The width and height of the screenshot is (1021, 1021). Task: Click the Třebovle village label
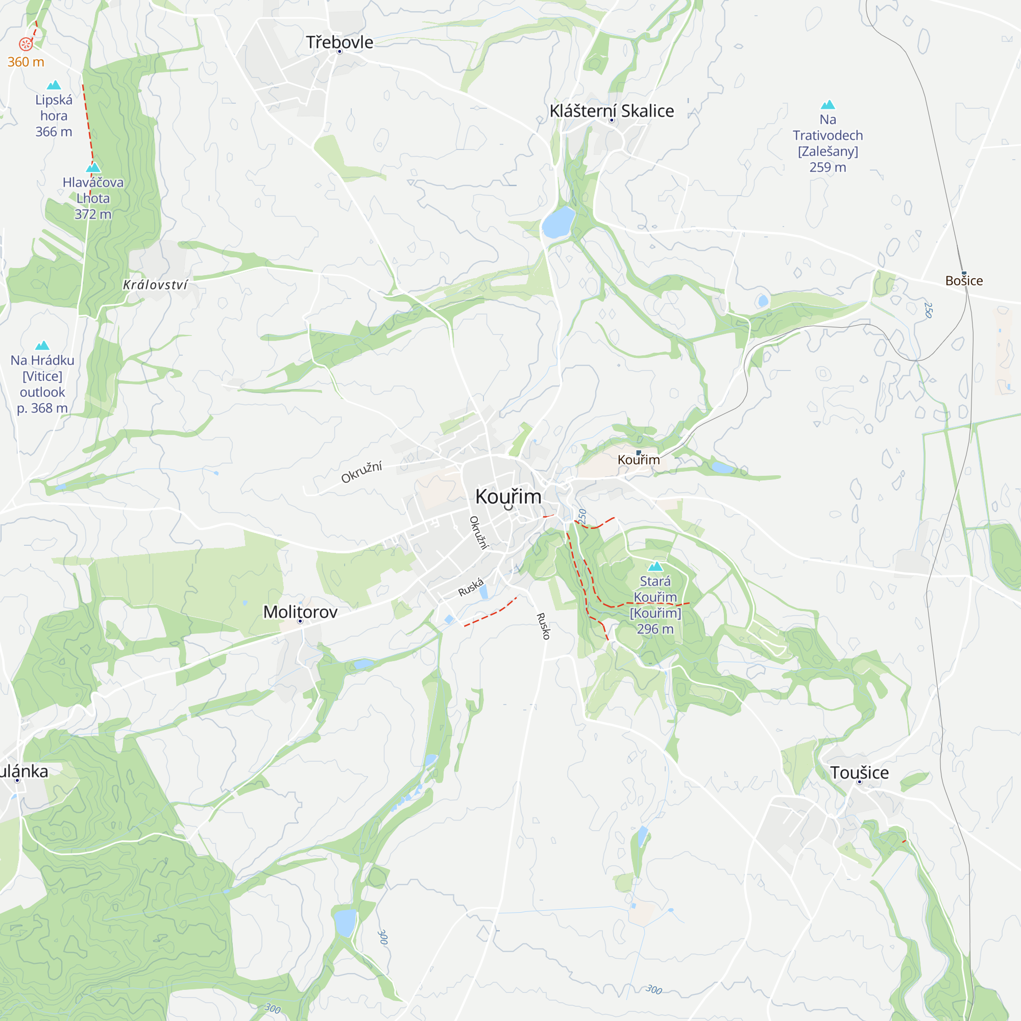coord(339,42)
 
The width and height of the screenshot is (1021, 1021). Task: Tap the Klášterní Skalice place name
coord(612,111)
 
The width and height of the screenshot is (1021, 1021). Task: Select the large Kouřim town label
coord(508,496)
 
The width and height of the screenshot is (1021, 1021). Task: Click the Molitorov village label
coord(300,612)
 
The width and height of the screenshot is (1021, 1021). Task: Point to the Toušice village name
coord(859,772)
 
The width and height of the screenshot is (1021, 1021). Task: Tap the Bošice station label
coord(964,281)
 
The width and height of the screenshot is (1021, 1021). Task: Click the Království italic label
coord(155,285)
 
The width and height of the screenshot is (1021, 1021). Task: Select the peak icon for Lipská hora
coord(54,85)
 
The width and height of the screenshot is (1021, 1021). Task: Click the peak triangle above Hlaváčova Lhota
coord(93,167)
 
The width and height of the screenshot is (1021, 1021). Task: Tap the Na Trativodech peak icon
coord(828,105)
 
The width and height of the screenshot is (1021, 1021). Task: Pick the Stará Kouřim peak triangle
coord(655,567)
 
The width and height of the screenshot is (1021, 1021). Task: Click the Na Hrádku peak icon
coord(42,346)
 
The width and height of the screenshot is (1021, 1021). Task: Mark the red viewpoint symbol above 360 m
coord(26,44)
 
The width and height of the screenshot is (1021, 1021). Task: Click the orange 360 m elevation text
coord(26,62)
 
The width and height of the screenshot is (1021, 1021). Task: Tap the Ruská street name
coord(470,587)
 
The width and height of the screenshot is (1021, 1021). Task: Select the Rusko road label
coord(543,626)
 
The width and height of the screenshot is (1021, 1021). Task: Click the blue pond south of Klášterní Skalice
coord(558,222)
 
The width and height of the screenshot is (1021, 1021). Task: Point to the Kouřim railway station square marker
coord(639,452)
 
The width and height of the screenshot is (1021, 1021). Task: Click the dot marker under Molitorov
coord(300,621)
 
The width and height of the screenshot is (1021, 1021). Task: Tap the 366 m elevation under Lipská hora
coord(54,132)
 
